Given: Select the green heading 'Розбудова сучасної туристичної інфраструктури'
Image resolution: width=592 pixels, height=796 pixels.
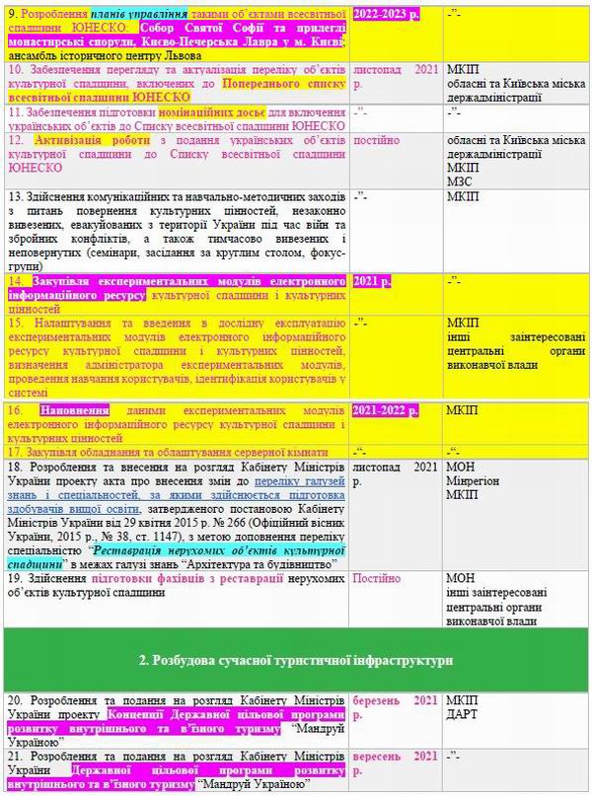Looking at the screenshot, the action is pyautogui.click(x=295, y=658).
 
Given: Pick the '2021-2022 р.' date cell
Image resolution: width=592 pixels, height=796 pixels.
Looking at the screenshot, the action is pyautogui.click(x=386, y=408).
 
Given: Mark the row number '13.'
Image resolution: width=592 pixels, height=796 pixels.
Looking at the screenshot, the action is pyautogui.click(x=16, y=195).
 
